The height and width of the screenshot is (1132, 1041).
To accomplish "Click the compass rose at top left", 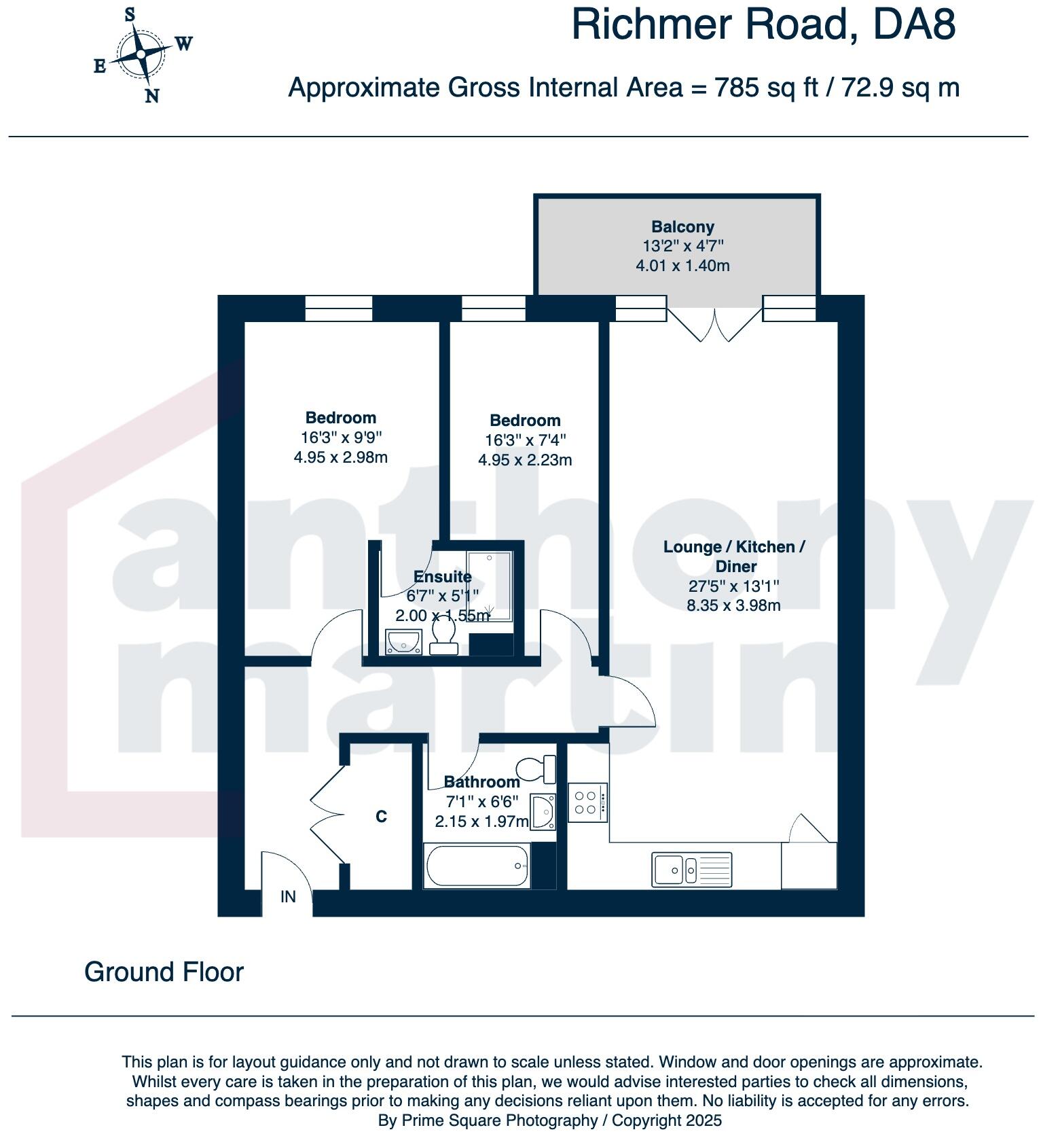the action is (141, 54).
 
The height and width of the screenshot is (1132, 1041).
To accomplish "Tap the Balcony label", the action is (682, 227).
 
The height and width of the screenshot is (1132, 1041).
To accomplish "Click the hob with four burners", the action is (587, 802).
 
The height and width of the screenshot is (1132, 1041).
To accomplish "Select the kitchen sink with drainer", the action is (692, 869).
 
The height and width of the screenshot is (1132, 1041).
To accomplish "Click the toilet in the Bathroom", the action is (536, 769).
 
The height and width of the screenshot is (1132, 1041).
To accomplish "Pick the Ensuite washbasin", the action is (403, 641).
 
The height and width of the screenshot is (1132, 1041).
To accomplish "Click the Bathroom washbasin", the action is (543, 811).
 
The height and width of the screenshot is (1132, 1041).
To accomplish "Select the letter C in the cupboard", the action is (381, 816).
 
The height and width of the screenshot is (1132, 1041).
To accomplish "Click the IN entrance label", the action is (288, 897).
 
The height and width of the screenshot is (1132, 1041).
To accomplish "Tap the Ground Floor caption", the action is (164, 972).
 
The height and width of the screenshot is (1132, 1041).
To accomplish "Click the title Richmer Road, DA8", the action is (764, 24).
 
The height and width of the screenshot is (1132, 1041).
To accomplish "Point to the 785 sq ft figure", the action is (766, 88).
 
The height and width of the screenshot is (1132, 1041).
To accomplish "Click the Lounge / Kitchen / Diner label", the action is (734, 556).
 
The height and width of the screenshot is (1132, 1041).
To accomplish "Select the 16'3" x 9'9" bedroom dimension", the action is (340, 438).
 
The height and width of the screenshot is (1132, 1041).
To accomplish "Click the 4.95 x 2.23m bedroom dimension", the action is (525, 460).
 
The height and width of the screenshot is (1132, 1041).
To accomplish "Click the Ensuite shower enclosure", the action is (490, 586).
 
